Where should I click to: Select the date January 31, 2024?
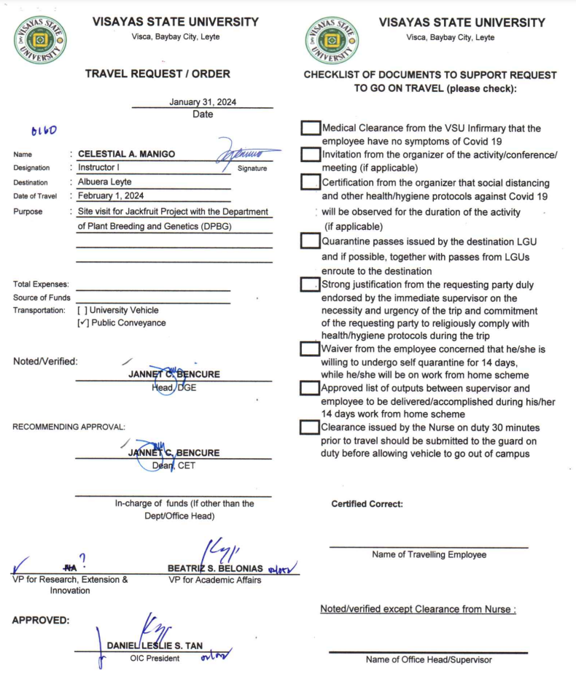[x=203, y=102]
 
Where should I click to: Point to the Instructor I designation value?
[x=99, y=168]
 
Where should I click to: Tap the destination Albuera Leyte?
[x=105, y=182]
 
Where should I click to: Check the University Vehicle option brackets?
[x=82, y=310]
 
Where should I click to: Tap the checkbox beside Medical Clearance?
[x=311, y=128]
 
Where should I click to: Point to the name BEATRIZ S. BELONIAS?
[x=216, y=568]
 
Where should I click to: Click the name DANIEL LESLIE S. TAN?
[x=155, y=646]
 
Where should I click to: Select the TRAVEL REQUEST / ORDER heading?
[x=157, y=74]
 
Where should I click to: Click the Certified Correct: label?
[x=367, y=504]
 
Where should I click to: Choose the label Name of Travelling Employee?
[x=429, y=554]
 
